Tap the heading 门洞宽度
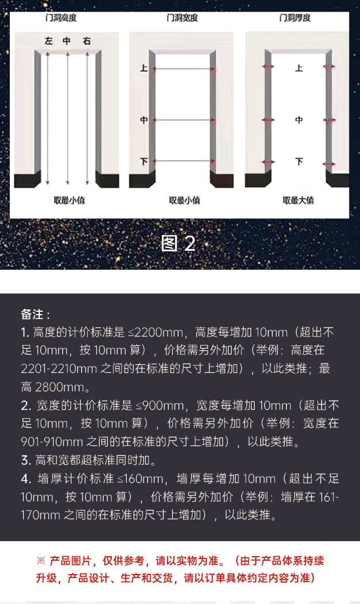[x=182, y=18]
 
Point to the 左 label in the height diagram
[x=49, y=41]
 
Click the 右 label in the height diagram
[x=86, y=41]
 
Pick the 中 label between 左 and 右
[x=67, y=41]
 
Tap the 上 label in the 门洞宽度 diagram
[x=144, y=68]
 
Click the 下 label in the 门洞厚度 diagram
[x=298, y=161]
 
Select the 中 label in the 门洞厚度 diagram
[x=298, y=120]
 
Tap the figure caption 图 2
[x=179, y=243]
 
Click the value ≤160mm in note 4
[x=140, y=478]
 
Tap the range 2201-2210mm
[x=54, y=369]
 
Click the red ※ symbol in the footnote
[x=41, y=560]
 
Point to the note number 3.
[x=25, y=460]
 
